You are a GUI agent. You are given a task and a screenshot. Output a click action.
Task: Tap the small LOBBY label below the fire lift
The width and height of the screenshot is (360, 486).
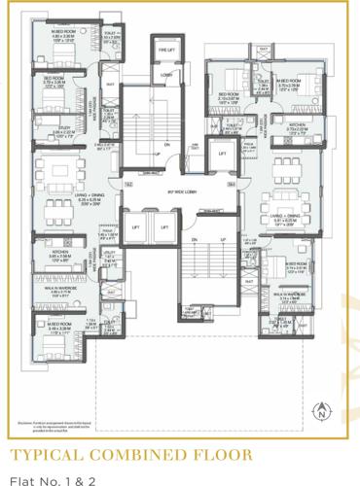(x=165, y=74)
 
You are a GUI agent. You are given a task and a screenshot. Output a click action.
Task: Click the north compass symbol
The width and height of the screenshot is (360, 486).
(x=320, y=413)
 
